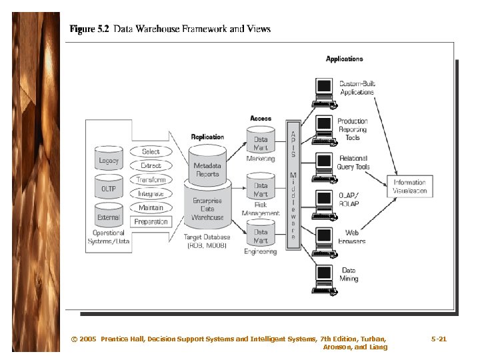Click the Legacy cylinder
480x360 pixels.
(109, 160)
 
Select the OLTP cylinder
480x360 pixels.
(109, 188)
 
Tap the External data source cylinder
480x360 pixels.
(109, 217)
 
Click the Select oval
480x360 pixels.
(151, 151)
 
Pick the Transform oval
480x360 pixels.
(151, 179)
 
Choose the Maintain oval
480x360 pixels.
(151, 207)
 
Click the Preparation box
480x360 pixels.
(151, 221)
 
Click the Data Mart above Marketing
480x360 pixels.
(261, 143)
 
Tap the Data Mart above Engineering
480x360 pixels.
(261, 235)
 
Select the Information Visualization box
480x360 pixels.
(409, 186)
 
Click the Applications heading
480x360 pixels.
(344, 59)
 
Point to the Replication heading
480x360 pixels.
(207, 137)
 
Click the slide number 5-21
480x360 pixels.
(439, 339)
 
